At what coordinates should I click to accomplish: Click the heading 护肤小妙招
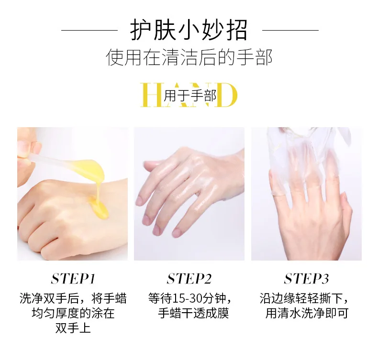[x=189, y=30]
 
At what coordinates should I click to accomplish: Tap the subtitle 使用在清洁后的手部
[x=189, y=57]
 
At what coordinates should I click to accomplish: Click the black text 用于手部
[x=190, y=96]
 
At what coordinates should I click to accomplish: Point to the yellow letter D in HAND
[x=227, y=95]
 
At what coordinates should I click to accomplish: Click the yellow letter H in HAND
[x=151, y=95]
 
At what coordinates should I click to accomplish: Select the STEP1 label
[x=73, y=279]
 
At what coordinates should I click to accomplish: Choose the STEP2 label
[x=189, y=279]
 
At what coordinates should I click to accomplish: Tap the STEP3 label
[x=306, y=279]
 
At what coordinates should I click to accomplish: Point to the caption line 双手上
[x=73, y=328]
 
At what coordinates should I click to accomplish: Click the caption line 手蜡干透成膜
[x=193, y=313]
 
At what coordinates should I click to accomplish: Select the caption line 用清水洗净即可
[x=307, y=313]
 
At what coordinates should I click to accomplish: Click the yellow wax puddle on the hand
[x=99, y=207]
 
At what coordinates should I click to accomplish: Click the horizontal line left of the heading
[x=89, y=30]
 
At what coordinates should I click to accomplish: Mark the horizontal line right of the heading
[x=290, y=30]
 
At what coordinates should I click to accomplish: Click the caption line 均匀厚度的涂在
[x=73, y=313]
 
